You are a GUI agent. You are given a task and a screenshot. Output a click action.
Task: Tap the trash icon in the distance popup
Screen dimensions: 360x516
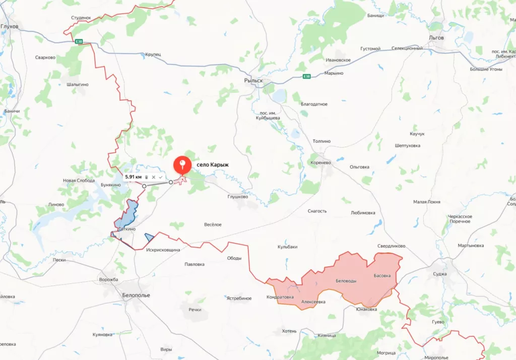[146, 177]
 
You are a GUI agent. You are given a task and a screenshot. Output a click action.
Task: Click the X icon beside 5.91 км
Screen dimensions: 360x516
[153, 177]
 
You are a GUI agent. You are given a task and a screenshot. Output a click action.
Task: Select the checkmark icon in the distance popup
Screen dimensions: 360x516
[160, 177]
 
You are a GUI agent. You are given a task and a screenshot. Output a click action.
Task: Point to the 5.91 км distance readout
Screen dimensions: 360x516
[133, 177]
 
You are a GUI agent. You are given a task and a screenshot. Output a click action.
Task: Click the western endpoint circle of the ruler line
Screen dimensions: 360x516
[144, 186]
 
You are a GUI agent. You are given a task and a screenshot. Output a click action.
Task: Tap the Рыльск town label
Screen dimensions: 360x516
[253, 80]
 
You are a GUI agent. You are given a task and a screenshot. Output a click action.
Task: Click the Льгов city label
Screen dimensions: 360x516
[436, 38]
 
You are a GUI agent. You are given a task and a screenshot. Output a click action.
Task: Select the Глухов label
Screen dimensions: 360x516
[10, 26]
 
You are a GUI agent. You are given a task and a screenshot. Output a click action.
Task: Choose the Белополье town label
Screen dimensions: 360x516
[136, 295]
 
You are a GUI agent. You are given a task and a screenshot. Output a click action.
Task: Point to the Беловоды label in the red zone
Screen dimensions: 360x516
[345, 281]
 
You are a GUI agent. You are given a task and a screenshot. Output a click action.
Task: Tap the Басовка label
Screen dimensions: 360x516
[382, 276]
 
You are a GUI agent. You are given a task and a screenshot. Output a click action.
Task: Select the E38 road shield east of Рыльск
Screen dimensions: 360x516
[307, 77]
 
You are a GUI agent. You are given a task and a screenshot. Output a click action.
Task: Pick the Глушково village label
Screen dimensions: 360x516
[238, 197]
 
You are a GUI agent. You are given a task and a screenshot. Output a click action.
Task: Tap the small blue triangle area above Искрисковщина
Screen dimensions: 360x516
[149, 237]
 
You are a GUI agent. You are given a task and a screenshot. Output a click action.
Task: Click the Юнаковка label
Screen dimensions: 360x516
[366, 309]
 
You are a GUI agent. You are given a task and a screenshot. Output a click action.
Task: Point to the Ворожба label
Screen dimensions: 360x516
[109, 279]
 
